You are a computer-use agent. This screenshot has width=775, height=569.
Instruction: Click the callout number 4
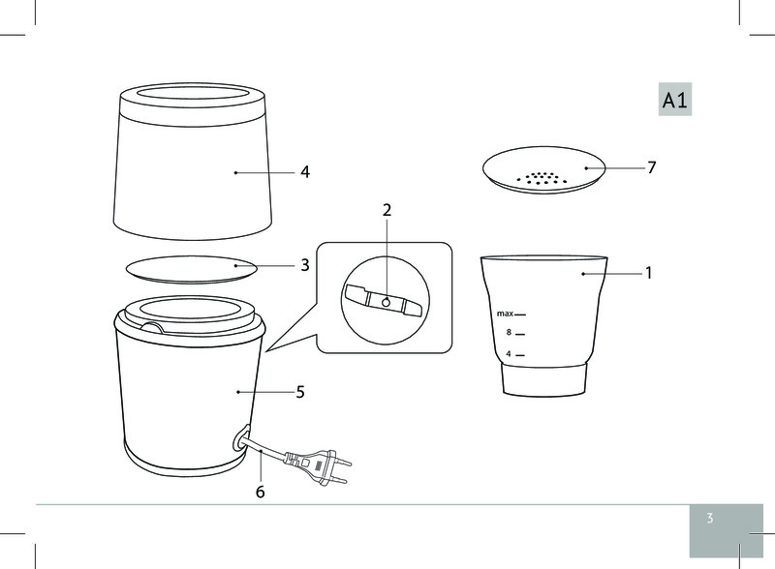click(x=305, y=172)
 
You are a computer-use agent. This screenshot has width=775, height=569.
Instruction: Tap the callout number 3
click(x=305, y=265)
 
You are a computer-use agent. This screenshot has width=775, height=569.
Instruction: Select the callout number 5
click(x=300, y=392)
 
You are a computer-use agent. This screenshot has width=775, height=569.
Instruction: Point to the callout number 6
click(x=260, y=492)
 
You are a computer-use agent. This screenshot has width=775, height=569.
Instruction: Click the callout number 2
click(x=387, y=210)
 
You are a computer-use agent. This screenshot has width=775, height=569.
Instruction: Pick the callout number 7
click(x=651, y=168)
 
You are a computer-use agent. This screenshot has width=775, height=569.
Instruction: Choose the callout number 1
click(x=648, y=273)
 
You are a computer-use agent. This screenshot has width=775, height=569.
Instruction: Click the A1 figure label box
click(x=674, y=100)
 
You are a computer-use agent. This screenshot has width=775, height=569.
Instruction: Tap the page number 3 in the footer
click(x=710, y=518)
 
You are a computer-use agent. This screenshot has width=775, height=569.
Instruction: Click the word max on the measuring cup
click(x=505, y=314)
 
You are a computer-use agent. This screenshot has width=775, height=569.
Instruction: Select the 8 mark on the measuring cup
click(x=509, y=333)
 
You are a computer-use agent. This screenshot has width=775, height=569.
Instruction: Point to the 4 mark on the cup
click(x=509, y=354)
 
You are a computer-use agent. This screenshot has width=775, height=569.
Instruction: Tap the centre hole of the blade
click(x=386, y=302)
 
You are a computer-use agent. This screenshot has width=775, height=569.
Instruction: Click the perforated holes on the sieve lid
click(x=542, y=179)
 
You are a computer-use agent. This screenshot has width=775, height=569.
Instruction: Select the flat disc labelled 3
click(x=192, y=270)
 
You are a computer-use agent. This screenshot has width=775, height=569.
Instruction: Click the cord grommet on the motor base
click(x=240, y=438)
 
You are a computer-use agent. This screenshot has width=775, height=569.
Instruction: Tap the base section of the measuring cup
click(x=543, y=380)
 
